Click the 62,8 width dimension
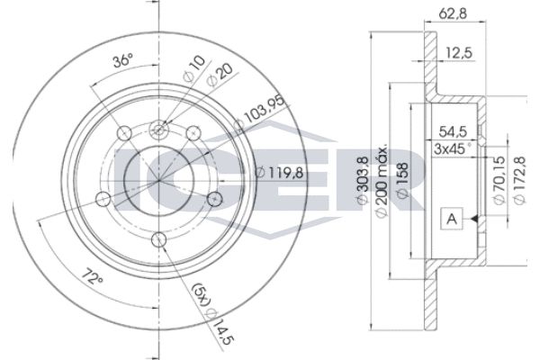click(x=453, y=13)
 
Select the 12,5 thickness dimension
click(x=459, y=53)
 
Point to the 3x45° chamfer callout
click(x=452, y=148)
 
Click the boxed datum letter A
click(x=452, y=219)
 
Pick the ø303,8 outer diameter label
click(x=363, y=181)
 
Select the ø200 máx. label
click(x=382, y=181)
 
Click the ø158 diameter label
click(x=402, y=181)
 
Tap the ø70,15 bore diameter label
click(x=499, y=180)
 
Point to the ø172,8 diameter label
click(x=519, y=180)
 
